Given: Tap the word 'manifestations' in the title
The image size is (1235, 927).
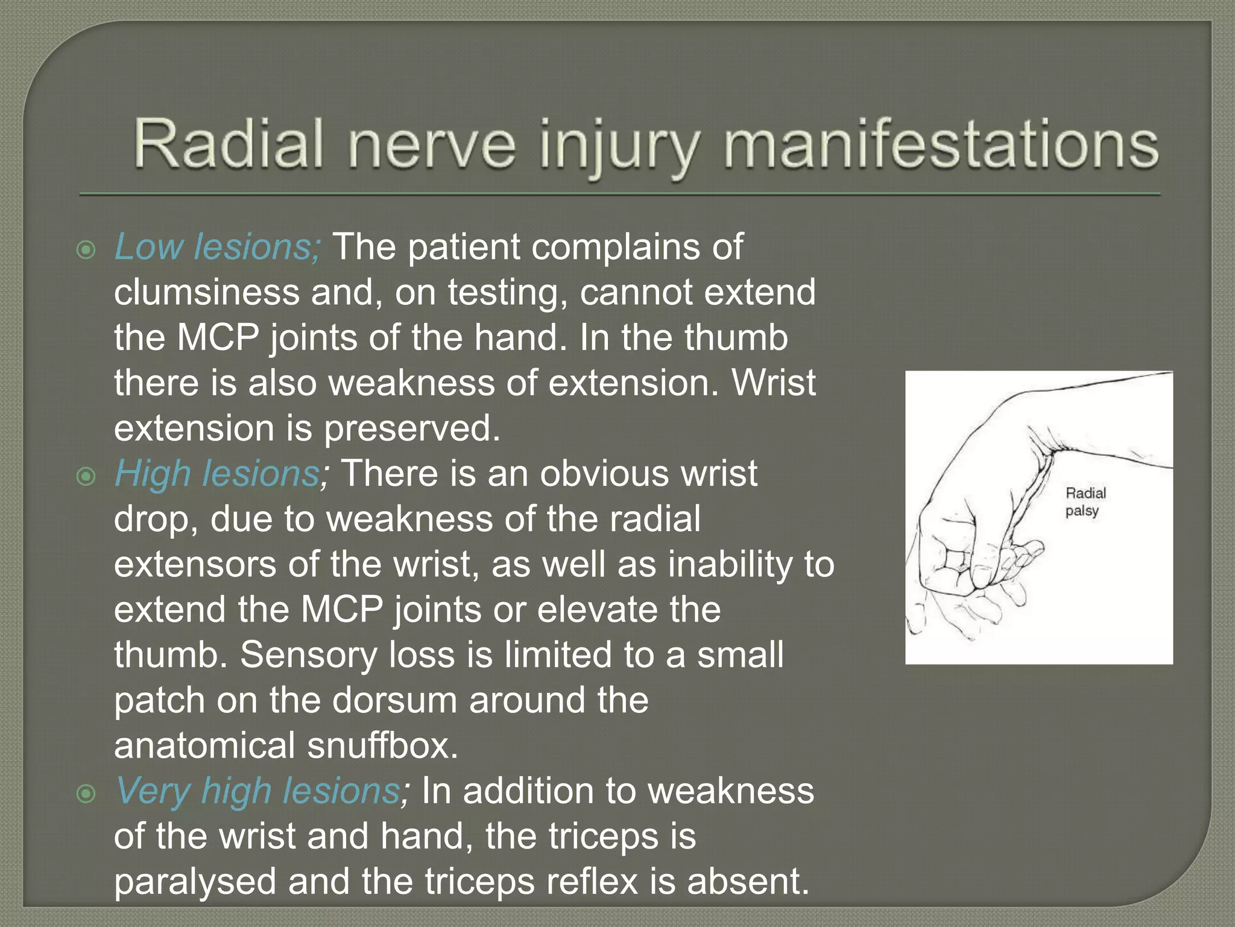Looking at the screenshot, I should click(940, 145).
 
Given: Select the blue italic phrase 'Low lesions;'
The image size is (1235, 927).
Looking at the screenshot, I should click(218, 247).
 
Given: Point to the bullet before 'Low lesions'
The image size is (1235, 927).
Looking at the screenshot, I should click(87, 250).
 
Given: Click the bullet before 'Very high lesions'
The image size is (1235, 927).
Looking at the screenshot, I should click(87, 794).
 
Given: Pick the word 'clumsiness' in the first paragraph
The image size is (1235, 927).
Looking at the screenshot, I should click(207, 292).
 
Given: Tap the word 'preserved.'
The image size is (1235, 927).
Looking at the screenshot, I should click(412, 428).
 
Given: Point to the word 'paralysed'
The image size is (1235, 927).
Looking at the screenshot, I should click(195, 881).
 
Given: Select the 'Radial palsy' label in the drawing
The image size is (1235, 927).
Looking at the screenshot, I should click(1085, 502).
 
